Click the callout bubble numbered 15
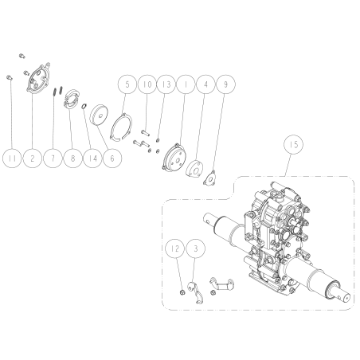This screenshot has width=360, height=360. (x=294, y=145)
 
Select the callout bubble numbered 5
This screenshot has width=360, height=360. (x=127, y=84)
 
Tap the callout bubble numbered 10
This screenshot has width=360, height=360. (x=147, y=84)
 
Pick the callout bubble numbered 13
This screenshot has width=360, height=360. (x=166, y=84)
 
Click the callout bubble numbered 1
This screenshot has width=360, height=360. (x=186, y=84)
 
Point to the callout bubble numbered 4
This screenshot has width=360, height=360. (x=205, y=84)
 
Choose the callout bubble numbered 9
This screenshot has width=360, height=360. (x=225, y=84)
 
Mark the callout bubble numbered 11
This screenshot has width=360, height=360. (x=13, y=158)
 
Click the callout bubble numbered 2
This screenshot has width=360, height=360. (x=33, y=158)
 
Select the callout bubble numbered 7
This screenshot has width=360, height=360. (x=53, y=158)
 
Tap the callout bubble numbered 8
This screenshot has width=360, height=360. (x=72, y=158)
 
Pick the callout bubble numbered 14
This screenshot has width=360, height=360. (x=92, y=158)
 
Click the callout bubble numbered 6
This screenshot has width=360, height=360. (x=112, y=158)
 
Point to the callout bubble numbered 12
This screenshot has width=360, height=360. (x=175, y=248)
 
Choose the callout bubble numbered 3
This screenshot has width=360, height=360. (x=196, y=248)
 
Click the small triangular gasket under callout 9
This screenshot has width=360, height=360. (x=209, y=178)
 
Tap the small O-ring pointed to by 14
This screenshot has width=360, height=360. (x=84, y=106)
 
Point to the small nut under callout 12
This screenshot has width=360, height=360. (x=181, y=292)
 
